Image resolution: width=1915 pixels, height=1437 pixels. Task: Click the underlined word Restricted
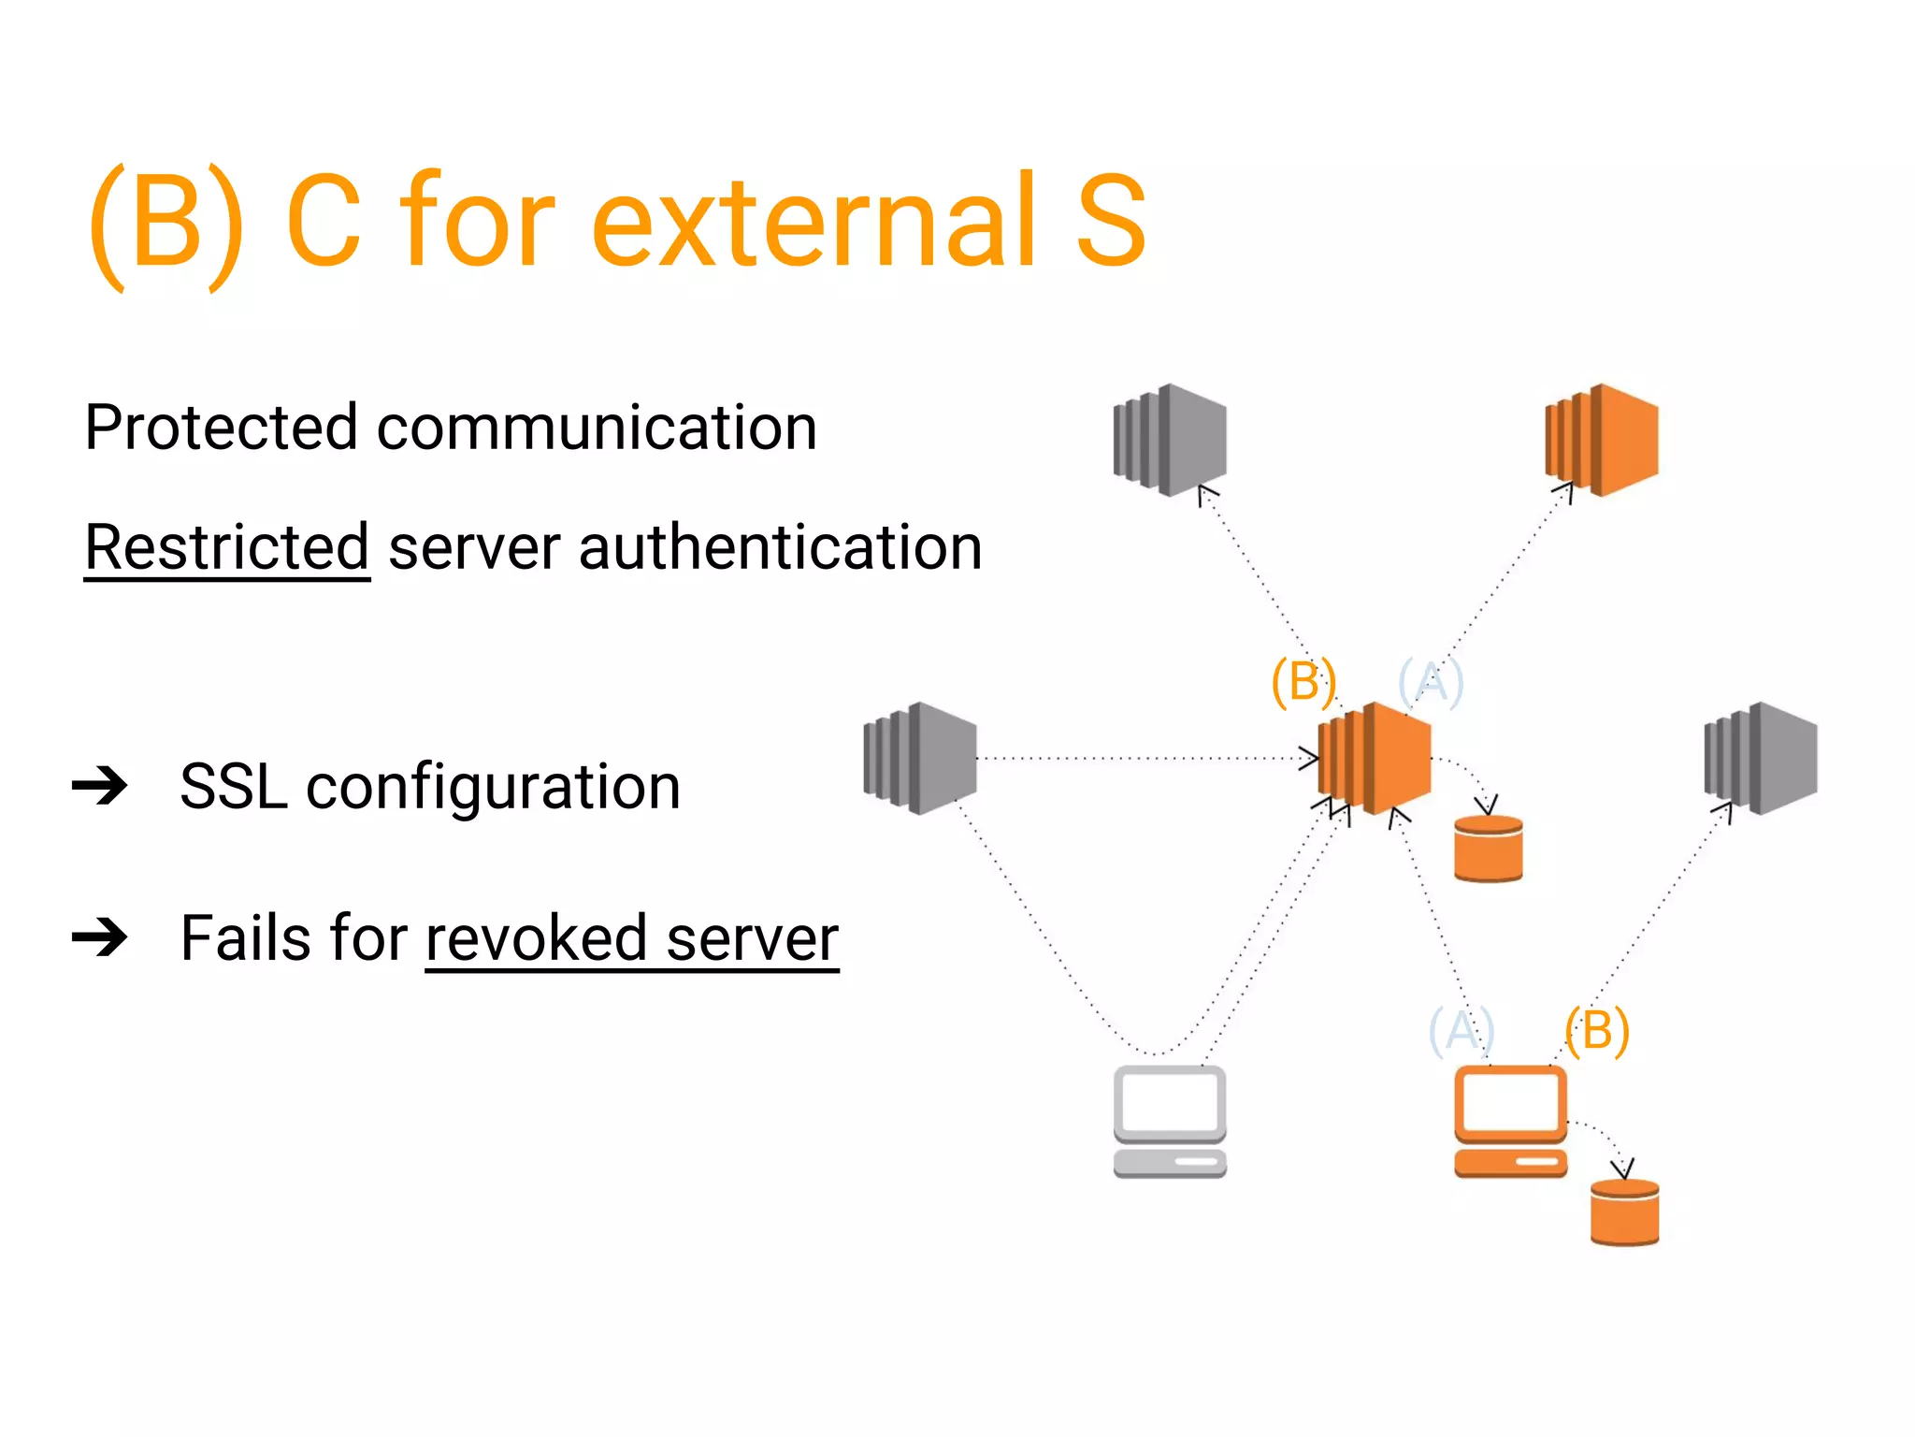(x=227, y=547)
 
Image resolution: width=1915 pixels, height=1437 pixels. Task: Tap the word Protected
(x=221, y=428)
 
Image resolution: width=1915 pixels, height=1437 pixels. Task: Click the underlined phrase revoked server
(x=632, y=938)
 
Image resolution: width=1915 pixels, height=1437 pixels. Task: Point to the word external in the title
(x=814, y=221)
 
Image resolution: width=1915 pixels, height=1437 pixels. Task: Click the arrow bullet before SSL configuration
(x=100, y=786)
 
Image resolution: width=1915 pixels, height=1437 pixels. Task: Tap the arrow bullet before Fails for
(x=100, y=937)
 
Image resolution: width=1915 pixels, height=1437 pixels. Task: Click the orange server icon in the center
(x=1375, y=758)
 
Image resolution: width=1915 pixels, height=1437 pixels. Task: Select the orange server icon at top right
(x=1602, y=440)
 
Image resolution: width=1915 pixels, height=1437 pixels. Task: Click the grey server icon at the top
(x=1170, y=440)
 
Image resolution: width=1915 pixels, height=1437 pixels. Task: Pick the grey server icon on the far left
(x=920, y=758)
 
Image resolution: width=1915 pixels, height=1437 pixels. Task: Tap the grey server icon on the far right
(x=1761, y=758)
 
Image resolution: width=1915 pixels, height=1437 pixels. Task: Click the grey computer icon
(x=1170, y=1121)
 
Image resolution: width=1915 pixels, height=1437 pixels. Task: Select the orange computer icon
(x=1510, y=1121)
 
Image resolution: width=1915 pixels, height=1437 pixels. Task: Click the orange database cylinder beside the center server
(x=1489, y=849)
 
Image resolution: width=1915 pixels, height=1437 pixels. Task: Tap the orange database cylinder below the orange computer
(x=1625, y=1212)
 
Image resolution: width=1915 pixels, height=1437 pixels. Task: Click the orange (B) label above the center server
(x=1303, y=681)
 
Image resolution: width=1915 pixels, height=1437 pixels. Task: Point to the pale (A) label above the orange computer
(x=1461, y=1031)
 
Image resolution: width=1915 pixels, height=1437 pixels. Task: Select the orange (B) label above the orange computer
(x=1597, y=1031)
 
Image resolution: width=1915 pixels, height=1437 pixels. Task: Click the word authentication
(x=781, y=547)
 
